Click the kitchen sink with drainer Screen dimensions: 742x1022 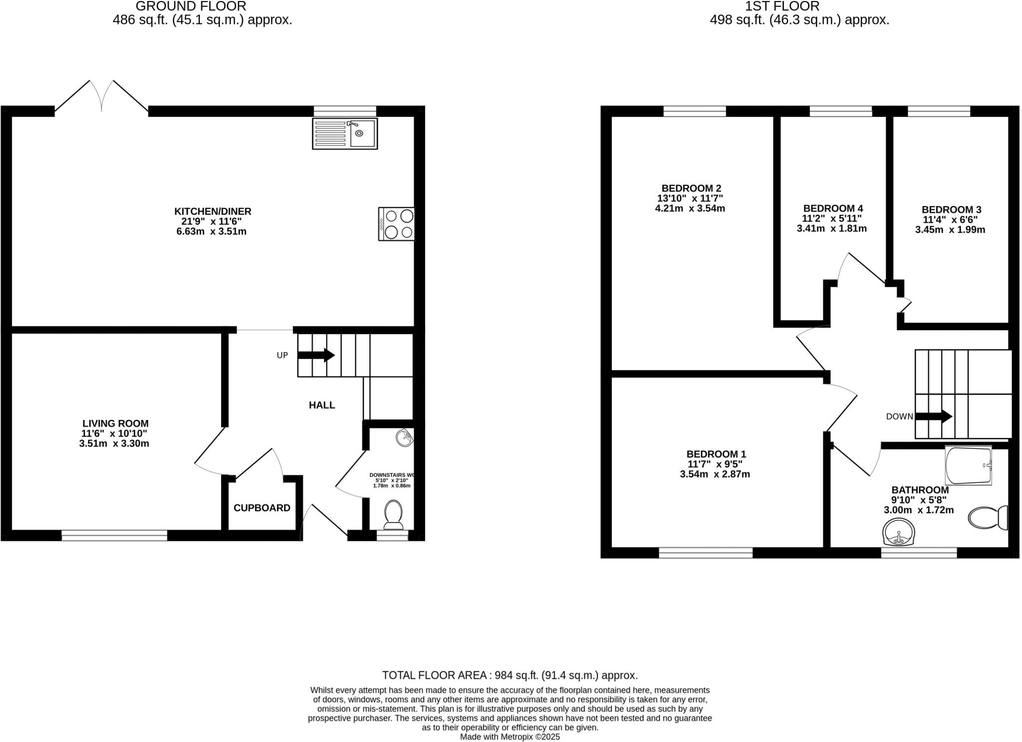(345, 133)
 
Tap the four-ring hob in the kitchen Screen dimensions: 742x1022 (397, 224)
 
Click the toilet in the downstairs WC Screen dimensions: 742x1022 (394, 514)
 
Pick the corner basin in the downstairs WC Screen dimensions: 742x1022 (405, 438)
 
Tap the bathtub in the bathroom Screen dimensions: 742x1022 (968, 465)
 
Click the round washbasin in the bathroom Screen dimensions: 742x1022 (898, 532)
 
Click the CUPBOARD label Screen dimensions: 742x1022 (261, 508)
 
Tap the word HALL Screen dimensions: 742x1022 (322, 405)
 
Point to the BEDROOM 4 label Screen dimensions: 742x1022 (833, 208)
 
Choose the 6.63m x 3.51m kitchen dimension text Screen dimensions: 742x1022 (211, 232)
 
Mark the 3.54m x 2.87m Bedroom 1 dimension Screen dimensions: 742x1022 (715, 474)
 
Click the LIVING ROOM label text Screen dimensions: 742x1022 (115, 423)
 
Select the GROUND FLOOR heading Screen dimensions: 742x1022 (191, 6)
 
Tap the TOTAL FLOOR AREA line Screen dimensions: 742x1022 (510, 675)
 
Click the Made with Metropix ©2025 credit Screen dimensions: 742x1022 (510, 737)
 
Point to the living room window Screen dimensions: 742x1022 (114, 536)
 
